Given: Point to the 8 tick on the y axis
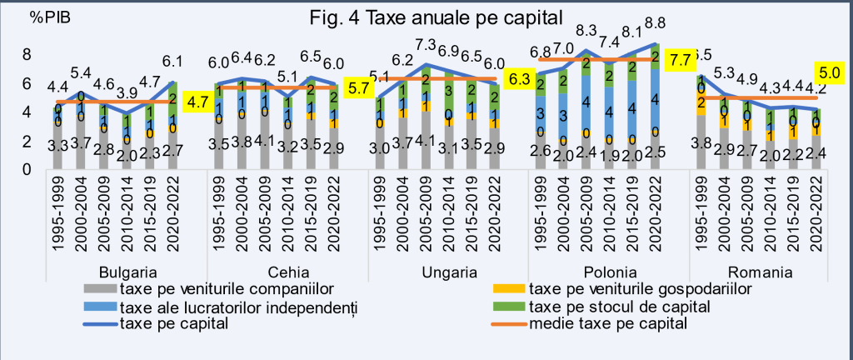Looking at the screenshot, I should pos(26,54).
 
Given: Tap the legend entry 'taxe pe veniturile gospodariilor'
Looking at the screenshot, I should pos(639,288).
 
